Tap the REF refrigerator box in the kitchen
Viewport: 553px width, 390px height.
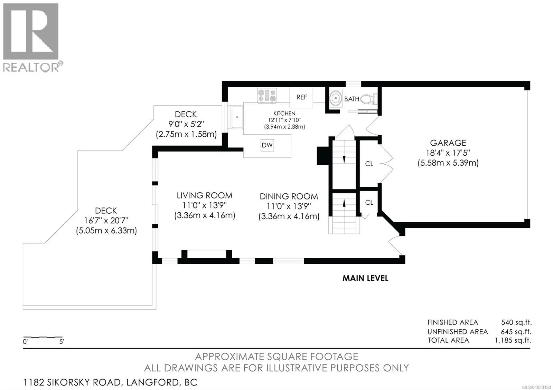(301, 97)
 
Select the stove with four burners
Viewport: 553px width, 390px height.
(266, 95)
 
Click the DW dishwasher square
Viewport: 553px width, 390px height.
(267, 145)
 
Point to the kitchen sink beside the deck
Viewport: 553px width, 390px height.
(237, 117)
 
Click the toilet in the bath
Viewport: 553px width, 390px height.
(369, 99)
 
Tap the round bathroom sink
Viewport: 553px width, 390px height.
(336, 99)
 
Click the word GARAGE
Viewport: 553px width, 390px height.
(448, 143)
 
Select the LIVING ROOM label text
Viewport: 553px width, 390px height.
(204, 195)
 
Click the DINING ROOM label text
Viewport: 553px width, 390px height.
(289, 196)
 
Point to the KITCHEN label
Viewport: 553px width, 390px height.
(284, 114)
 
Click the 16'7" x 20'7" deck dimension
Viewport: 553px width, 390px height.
(106, 221)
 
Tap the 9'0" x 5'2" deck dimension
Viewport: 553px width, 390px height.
(186, 124)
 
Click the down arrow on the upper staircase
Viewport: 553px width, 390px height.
(344, 159)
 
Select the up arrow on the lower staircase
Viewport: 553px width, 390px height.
(344, 203)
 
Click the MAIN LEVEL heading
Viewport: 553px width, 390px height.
(365, 278)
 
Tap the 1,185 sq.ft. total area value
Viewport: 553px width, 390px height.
(513, 340)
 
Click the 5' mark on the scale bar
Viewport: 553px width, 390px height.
(62, 341)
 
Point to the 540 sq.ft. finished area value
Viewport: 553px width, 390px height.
(516, 322)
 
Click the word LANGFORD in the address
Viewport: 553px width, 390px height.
(152, 382)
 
